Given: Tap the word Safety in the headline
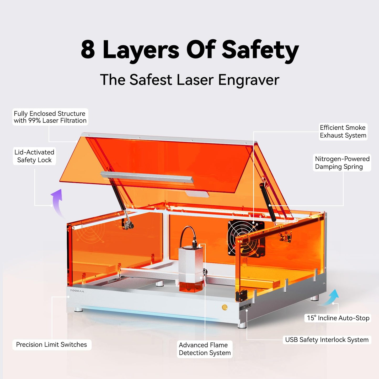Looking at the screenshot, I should point(260,50).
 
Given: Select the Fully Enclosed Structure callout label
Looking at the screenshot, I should point(50,117).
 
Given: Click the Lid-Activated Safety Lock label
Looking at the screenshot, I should point(34,156).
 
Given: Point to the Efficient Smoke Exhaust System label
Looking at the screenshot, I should point(343,131).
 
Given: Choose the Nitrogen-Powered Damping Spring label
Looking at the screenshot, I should point(342,163).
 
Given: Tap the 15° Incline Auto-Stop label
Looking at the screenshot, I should point(338,318).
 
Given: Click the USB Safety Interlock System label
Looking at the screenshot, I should point(327,340).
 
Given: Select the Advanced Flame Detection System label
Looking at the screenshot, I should point(205,349).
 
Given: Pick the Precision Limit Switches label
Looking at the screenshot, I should point(51,344).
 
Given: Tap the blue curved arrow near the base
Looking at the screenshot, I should point(331,298).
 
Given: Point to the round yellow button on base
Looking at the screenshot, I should point(225,307).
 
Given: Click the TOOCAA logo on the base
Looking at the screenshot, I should point(77,291).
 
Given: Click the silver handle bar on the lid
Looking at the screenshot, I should point(147,177).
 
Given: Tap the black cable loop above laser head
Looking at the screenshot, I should point(188,233).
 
